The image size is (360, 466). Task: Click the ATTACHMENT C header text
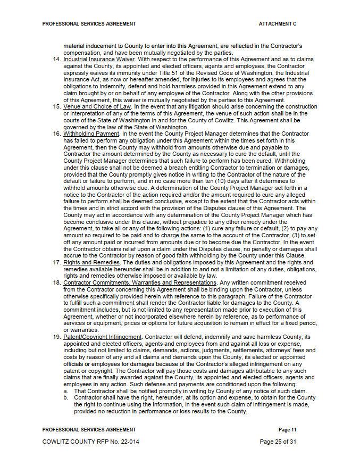278,24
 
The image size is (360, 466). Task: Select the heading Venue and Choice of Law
97,106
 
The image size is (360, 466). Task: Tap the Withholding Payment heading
91,134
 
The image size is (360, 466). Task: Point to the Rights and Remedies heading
90,262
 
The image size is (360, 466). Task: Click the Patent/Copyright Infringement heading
103,337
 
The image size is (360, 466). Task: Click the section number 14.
57,59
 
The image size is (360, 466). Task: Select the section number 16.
57,134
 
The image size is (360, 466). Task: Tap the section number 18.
57,282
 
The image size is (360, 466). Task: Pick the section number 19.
57,337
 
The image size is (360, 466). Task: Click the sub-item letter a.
65,391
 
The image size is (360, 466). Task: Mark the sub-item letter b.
65,397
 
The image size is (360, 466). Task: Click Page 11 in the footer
287,429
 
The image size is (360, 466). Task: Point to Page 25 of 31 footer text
278,442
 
